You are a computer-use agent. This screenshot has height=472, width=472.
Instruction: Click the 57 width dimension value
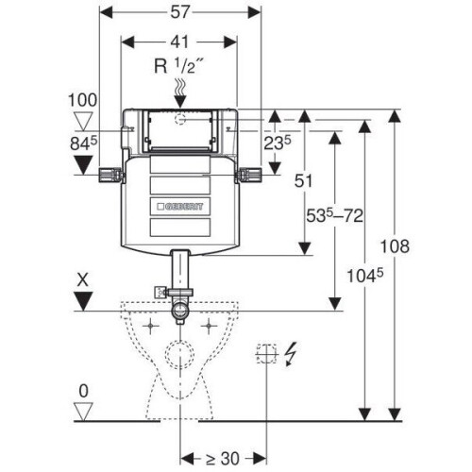[180, 12]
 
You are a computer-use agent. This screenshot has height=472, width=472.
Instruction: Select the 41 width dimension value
[179, 42]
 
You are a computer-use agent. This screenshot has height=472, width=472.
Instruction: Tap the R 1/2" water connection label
[178, 66]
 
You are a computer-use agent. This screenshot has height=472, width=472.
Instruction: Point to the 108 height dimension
[395, 246]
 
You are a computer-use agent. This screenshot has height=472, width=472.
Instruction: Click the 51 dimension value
[303, 181]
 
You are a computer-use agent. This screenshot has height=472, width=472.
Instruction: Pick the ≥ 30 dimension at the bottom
[223, 459]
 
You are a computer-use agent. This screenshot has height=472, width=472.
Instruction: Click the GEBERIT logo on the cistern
[180, 207]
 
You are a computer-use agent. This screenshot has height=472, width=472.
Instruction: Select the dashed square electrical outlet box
[267, 354]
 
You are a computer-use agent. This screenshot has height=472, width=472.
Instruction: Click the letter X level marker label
[83, 279]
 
